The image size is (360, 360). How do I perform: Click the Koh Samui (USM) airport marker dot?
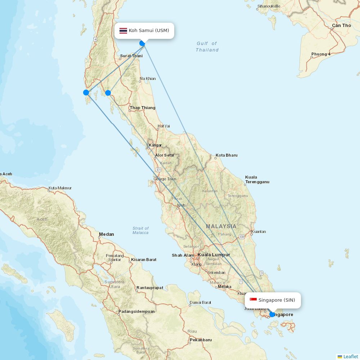point(142,44)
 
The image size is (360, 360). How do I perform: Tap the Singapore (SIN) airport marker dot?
point(272,314)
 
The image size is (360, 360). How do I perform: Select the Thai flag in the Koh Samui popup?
point(123,31)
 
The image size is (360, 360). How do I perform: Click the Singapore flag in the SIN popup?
point(253,300)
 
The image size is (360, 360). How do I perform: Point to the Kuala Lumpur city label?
point(213,255)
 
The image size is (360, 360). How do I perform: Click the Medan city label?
point(107,234)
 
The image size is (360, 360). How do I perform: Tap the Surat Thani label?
point(131,56)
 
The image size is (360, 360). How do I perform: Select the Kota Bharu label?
point(226,156)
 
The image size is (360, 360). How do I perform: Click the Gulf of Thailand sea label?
point(207,47)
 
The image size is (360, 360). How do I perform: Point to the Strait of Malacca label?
point(140,230)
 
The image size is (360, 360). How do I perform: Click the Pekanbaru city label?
point(201,340)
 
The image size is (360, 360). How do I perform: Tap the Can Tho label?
point(341,26)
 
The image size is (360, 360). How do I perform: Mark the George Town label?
point(165,179)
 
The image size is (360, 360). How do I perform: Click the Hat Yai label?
point(163,126)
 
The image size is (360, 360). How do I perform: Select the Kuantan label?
point(258,231)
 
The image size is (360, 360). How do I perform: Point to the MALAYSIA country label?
point(221,226)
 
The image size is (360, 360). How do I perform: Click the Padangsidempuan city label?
point(136,311)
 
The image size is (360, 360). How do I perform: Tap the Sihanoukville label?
point(269,6)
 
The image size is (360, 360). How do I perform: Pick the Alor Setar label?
point(165,156)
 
